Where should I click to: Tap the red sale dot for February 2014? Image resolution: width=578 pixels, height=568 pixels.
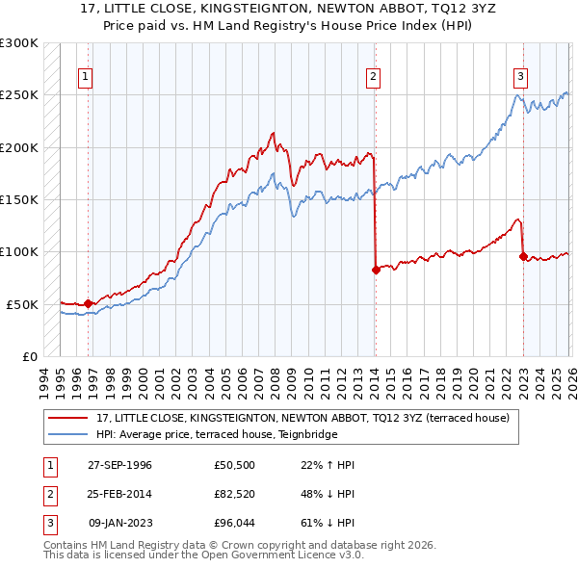point(376,271)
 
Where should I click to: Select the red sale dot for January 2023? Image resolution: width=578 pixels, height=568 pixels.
point(523,256)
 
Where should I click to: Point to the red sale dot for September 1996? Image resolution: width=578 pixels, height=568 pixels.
point(89,303)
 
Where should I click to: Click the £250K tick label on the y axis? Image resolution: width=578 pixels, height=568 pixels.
point(19,95)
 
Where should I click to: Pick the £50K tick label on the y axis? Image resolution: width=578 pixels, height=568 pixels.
point(22,304)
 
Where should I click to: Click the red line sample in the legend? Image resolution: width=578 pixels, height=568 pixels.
point(67,418)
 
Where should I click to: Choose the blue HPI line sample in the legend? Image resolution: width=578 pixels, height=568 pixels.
point(67,433)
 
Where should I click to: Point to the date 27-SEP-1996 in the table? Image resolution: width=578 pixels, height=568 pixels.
point(119,465)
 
